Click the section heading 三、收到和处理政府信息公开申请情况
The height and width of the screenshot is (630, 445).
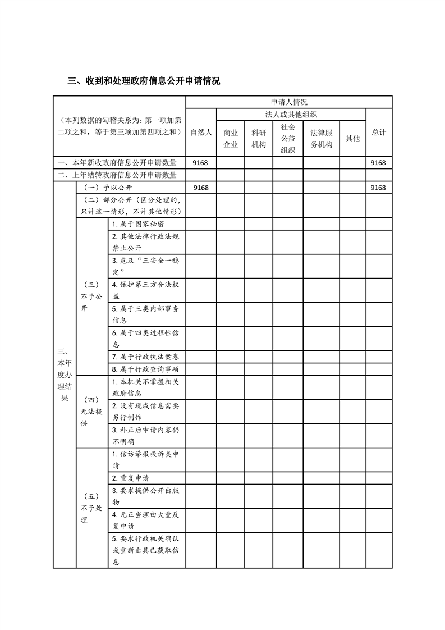[x=144, y=81]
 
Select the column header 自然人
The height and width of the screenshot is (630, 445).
[x=201, y=132]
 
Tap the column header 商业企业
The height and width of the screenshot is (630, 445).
[x=231, y=138]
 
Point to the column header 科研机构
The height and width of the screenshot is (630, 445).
[x=259, y=138]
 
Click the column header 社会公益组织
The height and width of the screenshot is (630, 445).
[x=288, y=138]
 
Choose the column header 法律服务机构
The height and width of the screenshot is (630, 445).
[x=322, y=138]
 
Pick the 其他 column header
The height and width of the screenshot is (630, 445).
[x=352, y=138]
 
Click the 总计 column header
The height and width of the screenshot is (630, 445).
[x=379, y=132]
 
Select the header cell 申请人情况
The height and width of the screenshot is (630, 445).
[x=288, y=102]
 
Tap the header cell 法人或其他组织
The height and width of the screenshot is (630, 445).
[x=291, y=114]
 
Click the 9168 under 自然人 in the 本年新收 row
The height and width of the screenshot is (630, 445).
[x=200, y=163]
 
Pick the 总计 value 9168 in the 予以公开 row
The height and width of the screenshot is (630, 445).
[x=378, y=188]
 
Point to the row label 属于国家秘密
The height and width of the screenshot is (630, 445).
[x=138, y=223]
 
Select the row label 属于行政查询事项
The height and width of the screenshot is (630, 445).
[x=145, y=369]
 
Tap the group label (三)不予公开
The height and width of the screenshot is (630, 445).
[x=91, y=296]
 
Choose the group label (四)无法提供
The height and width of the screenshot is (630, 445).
[x=91, y=411]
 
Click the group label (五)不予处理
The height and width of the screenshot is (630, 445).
[x=91, y=508]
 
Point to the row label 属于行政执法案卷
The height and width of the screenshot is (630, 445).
[x=145, y=357]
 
